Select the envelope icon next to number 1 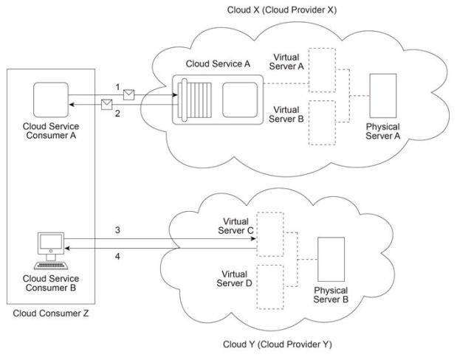click(x=129, y=94)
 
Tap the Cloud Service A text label click(x=222, y=65)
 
